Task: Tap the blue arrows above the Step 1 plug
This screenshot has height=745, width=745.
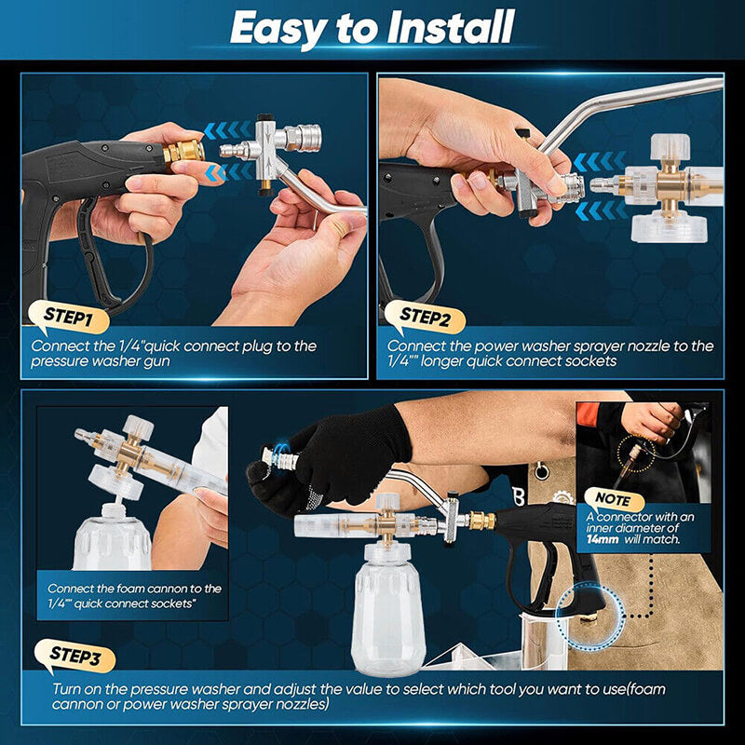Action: click(223, 131)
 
